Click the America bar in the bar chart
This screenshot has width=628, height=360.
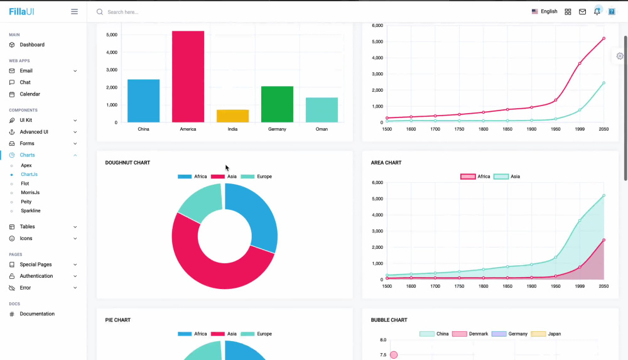(x=188, y=77)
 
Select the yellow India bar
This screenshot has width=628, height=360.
(x=233, y=116)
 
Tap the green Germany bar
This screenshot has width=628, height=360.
(x=277, y=104)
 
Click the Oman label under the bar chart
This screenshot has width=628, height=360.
(x=322, y=129)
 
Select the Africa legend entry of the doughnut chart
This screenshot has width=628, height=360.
(x=192, y=177)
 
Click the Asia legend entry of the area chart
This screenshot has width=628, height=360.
(x=507, y=177)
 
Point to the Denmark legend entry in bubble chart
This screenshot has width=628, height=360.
(x=470, y=334)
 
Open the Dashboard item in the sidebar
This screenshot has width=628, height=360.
(x=32, y=45)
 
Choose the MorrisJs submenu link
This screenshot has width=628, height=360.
(x=30, y=193)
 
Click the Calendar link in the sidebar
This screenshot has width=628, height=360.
(x=30, y=94)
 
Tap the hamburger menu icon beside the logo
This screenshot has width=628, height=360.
(x=75, y=12)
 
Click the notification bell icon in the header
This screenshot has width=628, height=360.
(x=597, y=12)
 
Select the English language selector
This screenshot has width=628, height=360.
(x=544, y=12)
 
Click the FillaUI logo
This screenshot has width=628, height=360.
(x=21, y=12)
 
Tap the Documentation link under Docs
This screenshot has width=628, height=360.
(x=37, y=314)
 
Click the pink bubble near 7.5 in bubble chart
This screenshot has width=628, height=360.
(x=394, y=355)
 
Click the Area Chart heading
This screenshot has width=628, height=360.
(x=386, y=163)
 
